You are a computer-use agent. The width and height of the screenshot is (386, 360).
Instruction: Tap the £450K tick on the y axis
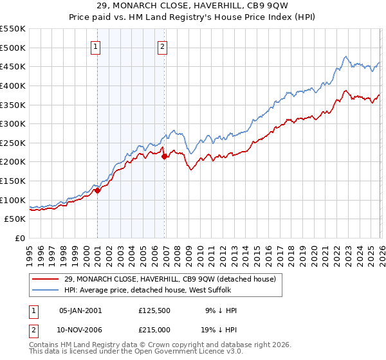pos(13,67)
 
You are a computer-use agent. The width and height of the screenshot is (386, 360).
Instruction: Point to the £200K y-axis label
pos(13,162)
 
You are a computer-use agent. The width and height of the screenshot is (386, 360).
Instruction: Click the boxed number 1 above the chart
pos(95,46)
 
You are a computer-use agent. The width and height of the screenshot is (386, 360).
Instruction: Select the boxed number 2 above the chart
pos(162,46)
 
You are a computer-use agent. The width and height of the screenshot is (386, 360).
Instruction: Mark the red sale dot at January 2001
pos(97,190)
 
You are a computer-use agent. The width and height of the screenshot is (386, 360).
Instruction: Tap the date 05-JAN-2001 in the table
pos(80,310)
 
